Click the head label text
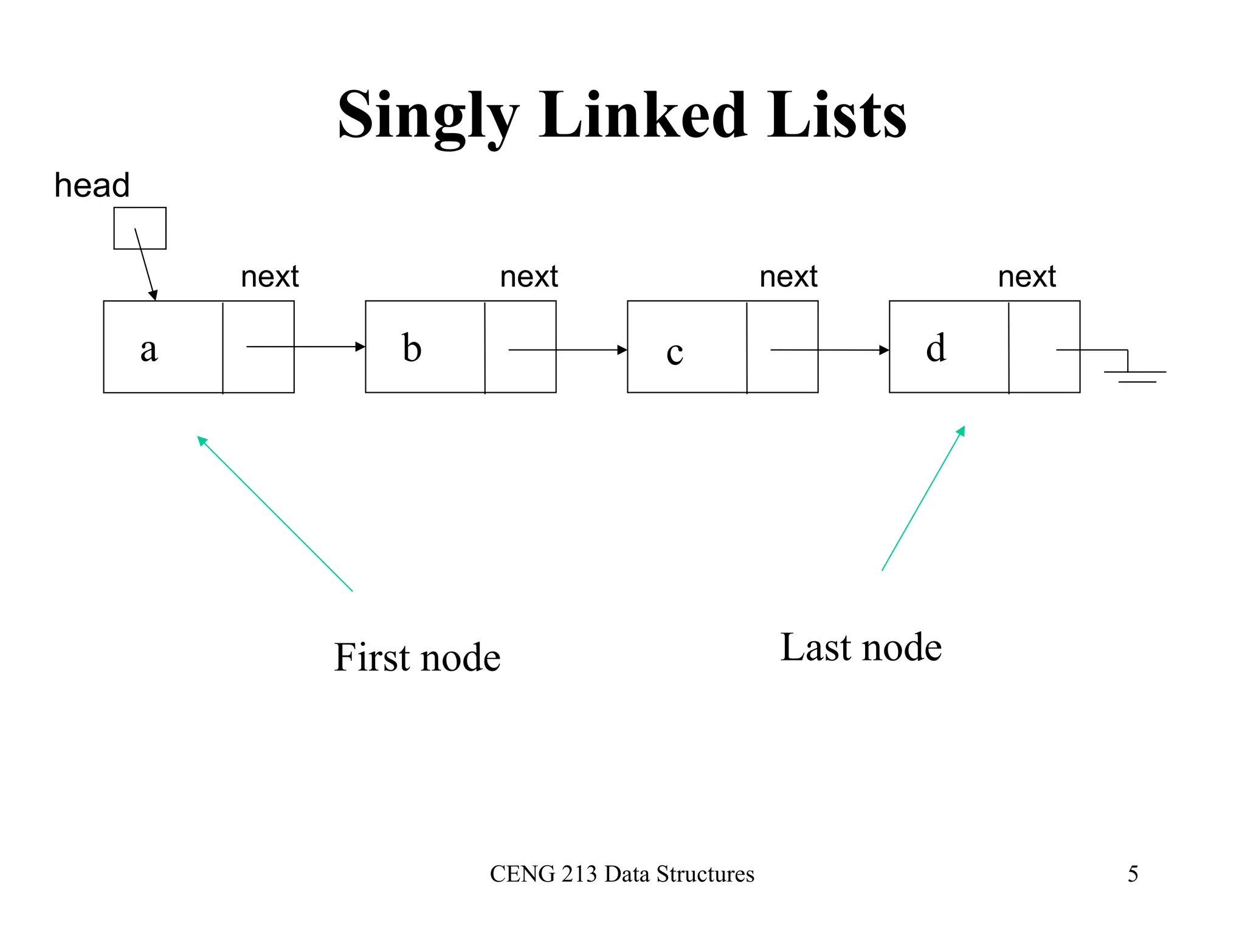point(92,185)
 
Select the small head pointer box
point(140,228)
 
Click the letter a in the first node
point(149,350)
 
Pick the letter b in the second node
point(412,348)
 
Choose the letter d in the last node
point(936,348)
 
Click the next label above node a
point(270,277)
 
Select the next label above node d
point(1027,277)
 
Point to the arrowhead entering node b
point(360,347)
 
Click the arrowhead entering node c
point(622,350)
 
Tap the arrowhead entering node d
point(884,350)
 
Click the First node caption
point(417,658)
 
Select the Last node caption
point(861,648)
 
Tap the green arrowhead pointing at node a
point(202,441)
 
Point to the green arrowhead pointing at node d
point(961,431)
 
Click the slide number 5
point(1133,874)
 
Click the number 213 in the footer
point(579,874)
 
